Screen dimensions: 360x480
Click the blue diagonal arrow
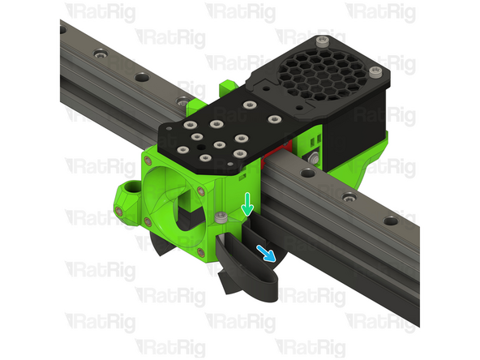point(266,252)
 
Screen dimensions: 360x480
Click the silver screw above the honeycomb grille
point(324,41)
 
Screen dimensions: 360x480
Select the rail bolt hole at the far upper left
point(100,55)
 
